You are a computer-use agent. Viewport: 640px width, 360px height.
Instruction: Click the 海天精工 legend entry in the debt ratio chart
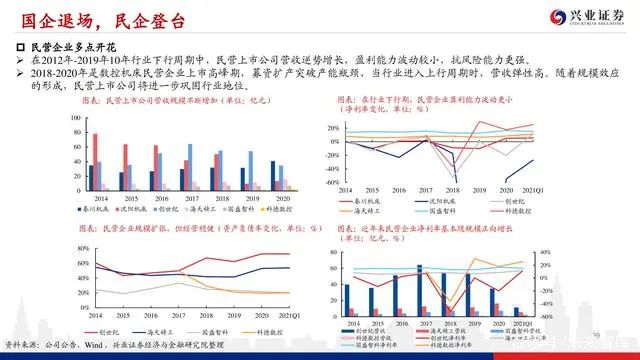(158, 327)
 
